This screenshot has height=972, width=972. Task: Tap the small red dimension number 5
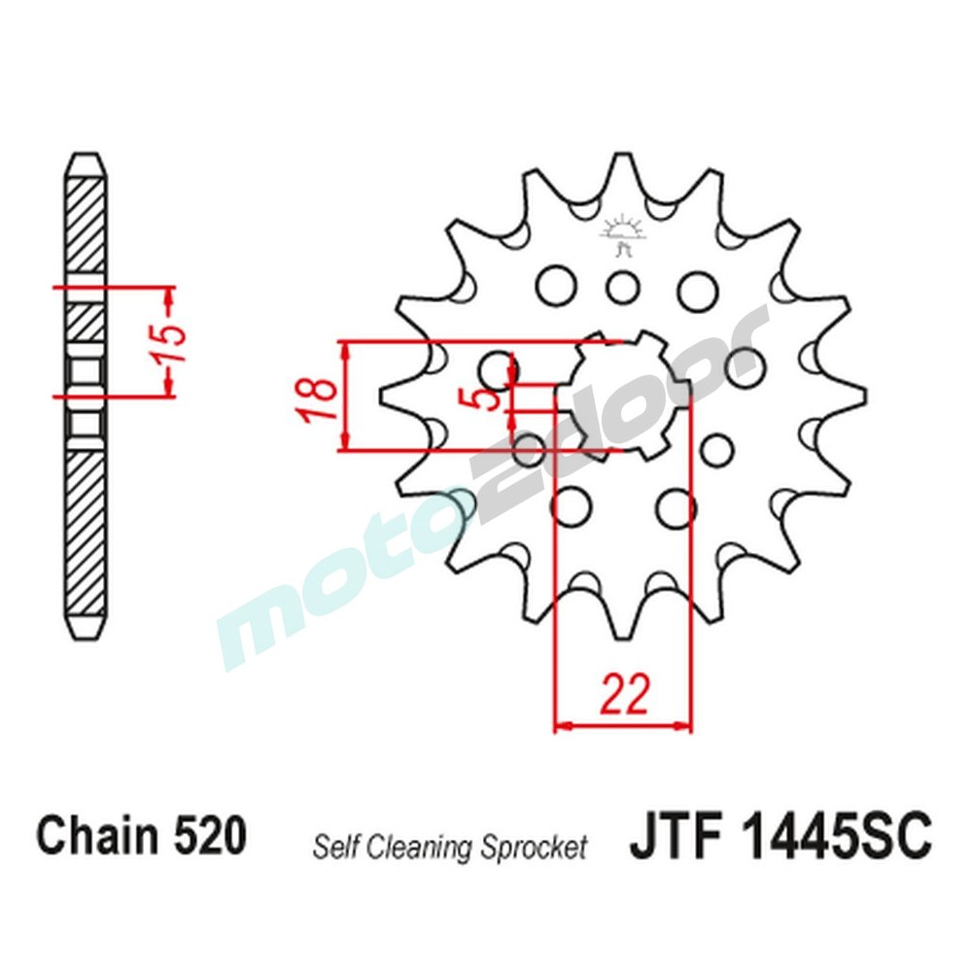[492, 398]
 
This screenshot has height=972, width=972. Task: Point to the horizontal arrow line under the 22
[622, 725]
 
